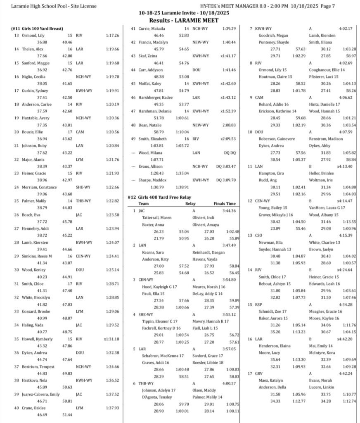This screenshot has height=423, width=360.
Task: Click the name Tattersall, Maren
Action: pos(155,217)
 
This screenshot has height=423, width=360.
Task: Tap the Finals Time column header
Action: pos(225,204)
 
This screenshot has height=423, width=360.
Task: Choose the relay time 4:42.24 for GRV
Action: pos(345,373)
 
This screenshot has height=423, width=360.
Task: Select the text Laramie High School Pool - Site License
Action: pos(54,6)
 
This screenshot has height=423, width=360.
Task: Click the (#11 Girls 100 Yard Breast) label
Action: pos(37,29)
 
